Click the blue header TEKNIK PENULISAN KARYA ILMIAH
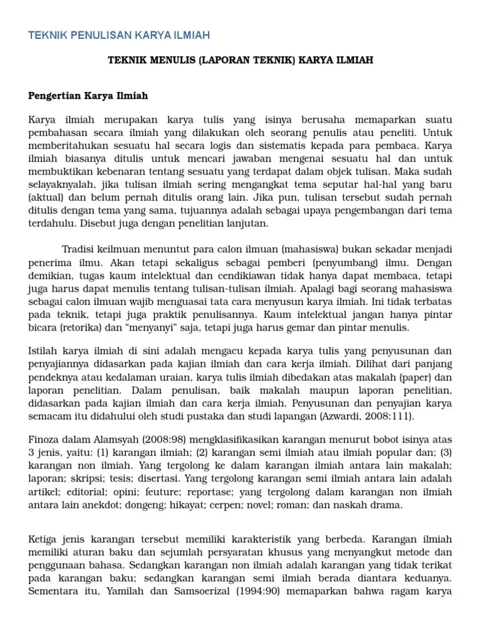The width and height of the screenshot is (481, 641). (119, 34)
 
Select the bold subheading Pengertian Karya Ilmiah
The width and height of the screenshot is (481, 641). (88, 96)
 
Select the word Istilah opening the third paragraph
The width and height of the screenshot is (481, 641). (43, 350)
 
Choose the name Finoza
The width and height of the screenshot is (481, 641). (46, 439)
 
